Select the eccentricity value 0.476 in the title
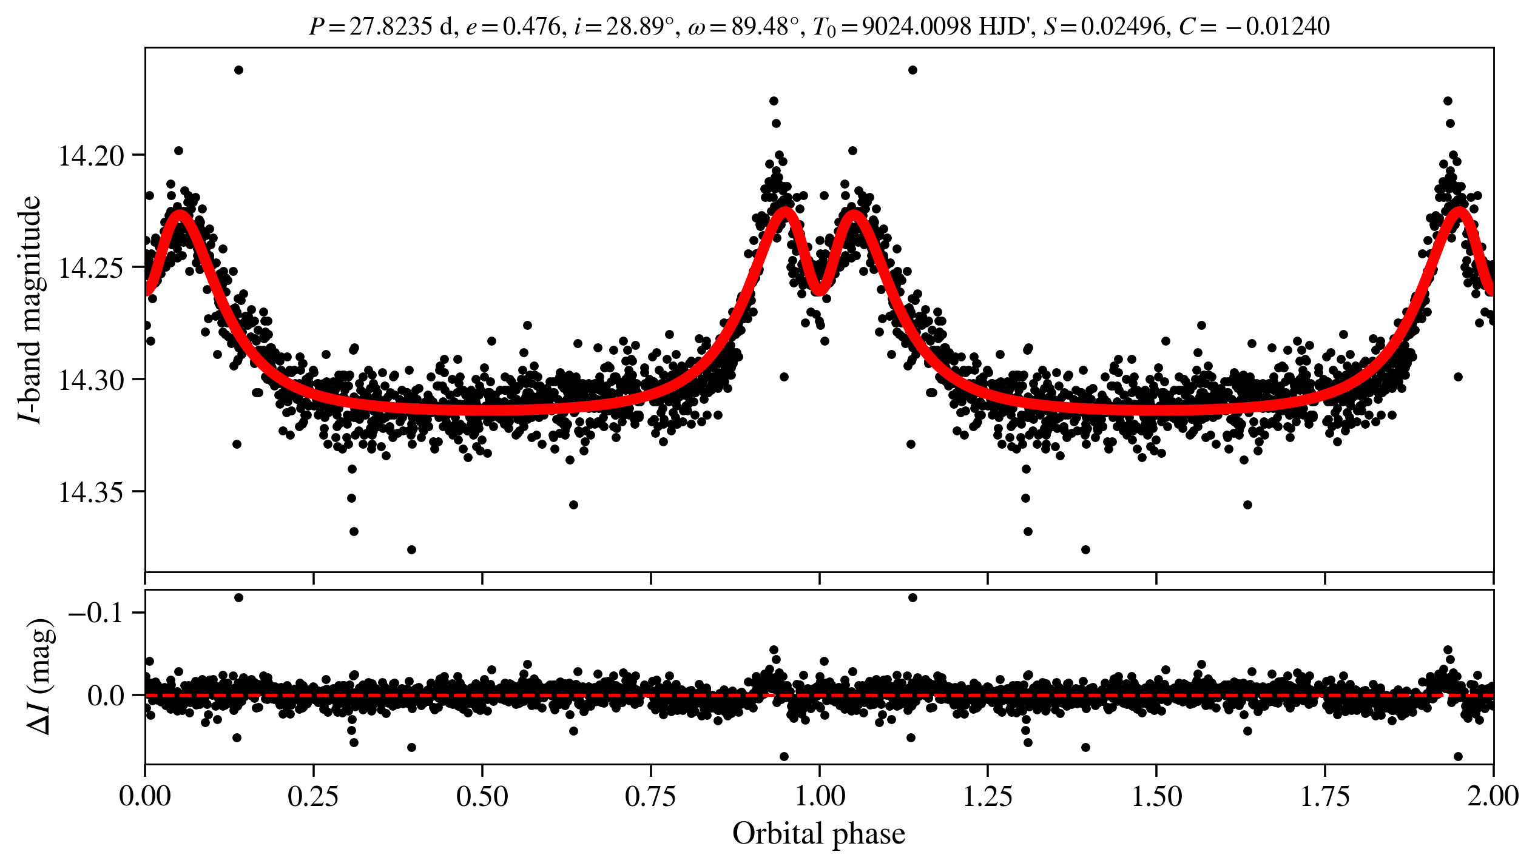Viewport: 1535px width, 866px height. point(532,27)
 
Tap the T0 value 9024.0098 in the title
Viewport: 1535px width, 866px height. point(916,27)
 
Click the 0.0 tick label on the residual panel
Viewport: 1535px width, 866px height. point(106,696)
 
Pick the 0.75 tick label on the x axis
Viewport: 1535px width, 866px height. point(650,796)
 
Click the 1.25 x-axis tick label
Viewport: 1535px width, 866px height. point(988,796)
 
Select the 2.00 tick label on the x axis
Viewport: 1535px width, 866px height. point(1493,796)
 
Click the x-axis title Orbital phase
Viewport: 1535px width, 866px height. point(818,834)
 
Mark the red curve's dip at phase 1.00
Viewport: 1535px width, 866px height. point(819,290)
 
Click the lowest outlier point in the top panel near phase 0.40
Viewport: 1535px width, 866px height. point(411,549)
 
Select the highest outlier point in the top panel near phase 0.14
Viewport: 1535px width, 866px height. point(238,70)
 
